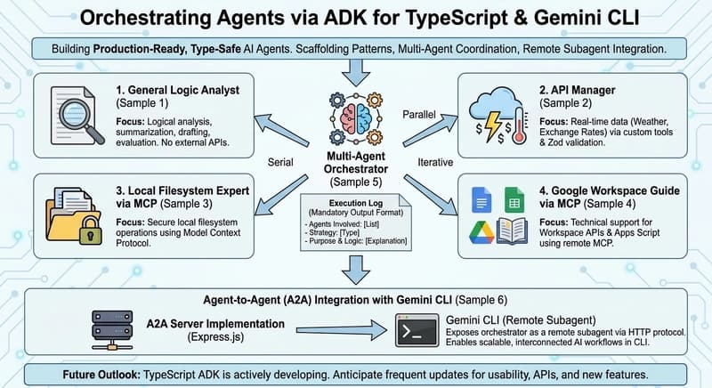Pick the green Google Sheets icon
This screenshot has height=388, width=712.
(x=514, y=198)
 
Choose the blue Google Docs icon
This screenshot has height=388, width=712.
(x=481, y=198)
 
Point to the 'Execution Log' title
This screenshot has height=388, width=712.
(x=355, y=203)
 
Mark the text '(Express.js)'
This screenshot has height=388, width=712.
(x=213, y=336)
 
